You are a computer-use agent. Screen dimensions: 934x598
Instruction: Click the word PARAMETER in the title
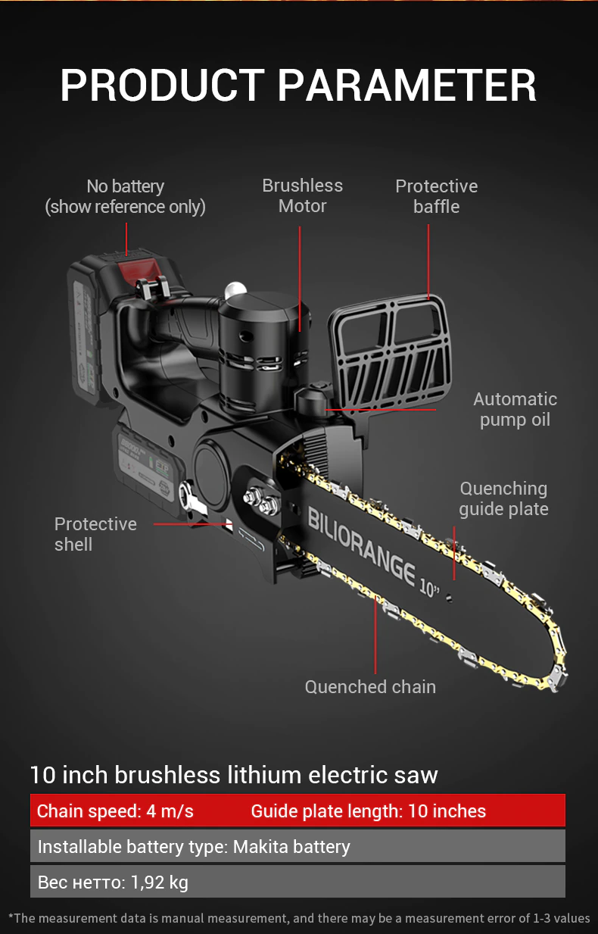pyautogui.click(x=407, y=85)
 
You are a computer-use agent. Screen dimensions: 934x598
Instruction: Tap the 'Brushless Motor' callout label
pyautogui.click(x=302, y=195)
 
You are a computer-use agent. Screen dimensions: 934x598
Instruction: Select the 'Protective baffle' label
pyautogui.click(x=436, y=196)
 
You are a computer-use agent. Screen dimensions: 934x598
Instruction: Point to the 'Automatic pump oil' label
pyautogui.click(x=515, y=409)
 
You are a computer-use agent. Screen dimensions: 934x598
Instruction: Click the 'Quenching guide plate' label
pyautogui.click(x=503, y=498)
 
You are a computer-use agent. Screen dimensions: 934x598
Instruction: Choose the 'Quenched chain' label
pyautogui.click(x=370, y=687)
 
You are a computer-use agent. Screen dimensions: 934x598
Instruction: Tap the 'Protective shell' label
pyautogui.click(x=95, y=534)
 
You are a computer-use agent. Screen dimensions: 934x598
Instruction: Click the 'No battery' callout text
pyautogui.click(x=125, y=186)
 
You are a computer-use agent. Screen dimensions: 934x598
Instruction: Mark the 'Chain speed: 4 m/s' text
pyautogui.click(x=115, y=811)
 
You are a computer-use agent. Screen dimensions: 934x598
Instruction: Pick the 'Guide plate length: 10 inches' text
pyautogui.click(x=368, y=811)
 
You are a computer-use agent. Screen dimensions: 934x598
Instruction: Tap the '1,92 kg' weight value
pyautogui.click(x=160, y=882)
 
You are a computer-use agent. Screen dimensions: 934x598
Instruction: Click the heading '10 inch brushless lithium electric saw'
pyautogui.click(x=234, y=775)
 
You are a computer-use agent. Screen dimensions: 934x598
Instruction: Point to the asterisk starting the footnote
pyautogui.click(x=11, y=917)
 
